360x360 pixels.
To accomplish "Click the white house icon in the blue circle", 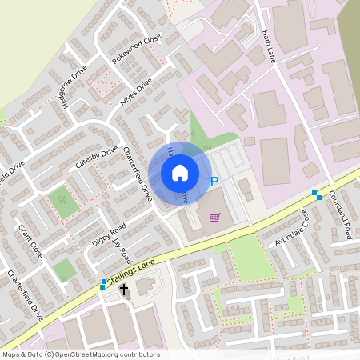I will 180,172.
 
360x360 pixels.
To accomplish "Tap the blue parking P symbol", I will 214,182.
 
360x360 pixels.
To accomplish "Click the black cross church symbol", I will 125,290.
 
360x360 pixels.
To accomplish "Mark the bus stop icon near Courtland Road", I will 317,194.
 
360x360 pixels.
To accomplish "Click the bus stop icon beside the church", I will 103,283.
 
